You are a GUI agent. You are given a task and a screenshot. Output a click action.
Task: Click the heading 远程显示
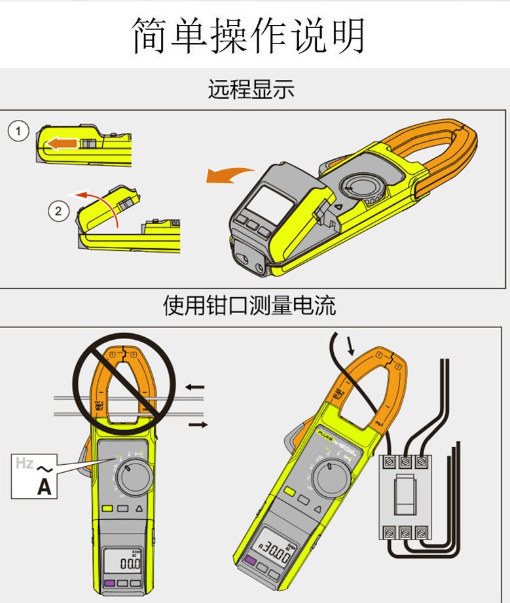[251, 89]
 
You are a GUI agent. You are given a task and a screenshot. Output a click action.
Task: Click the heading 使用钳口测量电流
[249, 305]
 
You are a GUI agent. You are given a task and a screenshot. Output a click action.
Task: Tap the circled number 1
[18, 132]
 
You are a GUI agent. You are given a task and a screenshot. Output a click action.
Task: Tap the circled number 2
[58, 211]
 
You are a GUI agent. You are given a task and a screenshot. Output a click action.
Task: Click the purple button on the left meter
[108, 583]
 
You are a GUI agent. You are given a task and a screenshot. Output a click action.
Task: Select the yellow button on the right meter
[289, 492]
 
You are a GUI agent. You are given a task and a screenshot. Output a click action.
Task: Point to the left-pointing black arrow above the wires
[194, 387]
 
